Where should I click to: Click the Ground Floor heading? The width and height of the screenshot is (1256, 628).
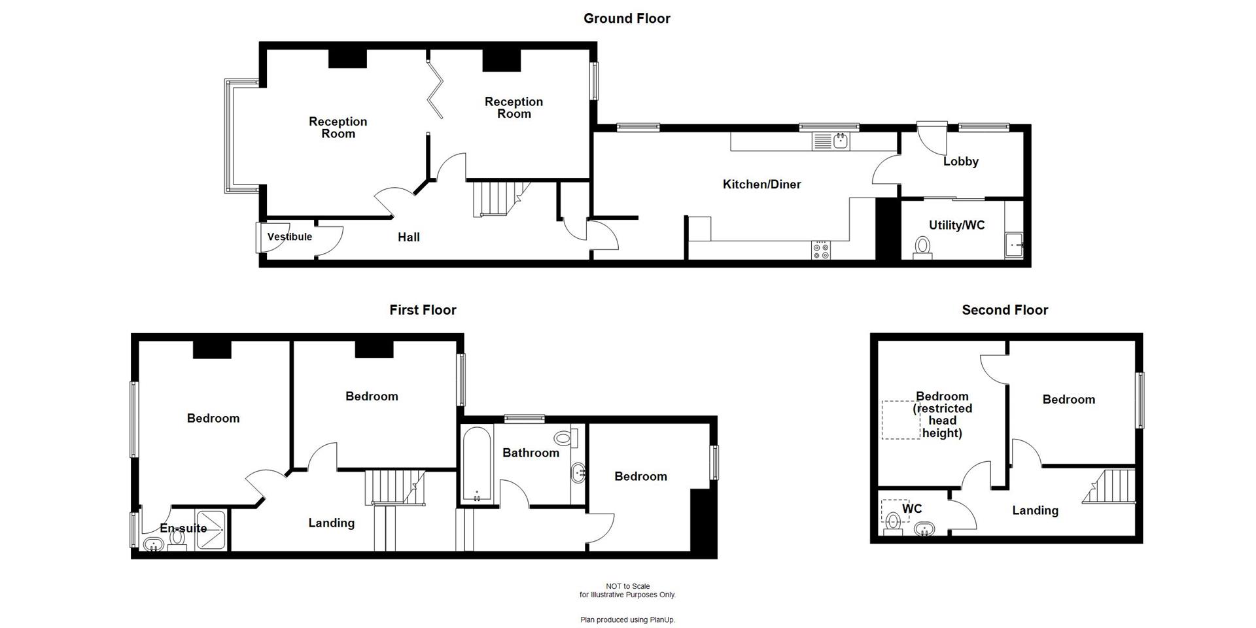(627, 18)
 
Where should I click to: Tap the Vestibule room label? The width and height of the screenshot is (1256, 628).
(290, 237)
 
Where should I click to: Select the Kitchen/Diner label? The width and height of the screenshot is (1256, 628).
(761, 184)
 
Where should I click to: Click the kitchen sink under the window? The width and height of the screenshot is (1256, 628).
(831, 141)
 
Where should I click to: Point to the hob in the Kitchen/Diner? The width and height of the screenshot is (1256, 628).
(820, 249)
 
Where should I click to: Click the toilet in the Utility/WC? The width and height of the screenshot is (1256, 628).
(922, 247)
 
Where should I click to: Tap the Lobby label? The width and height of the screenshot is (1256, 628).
(960, 161)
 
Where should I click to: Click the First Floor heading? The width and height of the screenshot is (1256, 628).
(423, 310)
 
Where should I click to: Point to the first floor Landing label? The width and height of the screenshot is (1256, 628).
(331, 523)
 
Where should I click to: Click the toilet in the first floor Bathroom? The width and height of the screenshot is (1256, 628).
(563, 438)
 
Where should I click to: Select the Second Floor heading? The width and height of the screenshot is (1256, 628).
(1004, 310)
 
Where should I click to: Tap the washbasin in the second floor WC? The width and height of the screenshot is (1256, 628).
(924, 529)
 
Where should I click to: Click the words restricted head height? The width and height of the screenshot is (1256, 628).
(942, 421)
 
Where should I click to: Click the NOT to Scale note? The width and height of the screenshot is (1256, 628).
(627, 586)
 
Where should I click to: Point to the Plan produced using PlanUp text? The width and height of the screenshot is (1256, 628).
(627, 619)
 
